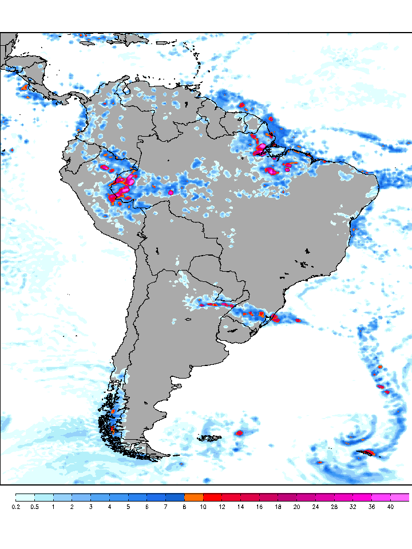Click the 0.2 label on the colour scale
(x=15, y=507)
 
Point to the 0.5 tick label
(x=34, y=507)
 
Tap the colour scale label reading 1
(x=53, y=507)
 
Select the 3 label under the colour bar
(x=90, y=507)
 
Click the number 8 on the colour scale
(x=184, y=507)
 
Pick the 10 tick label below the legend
(x=203, y=507)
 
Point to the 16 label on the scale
(x=259, y=507)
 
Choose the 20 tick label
(x=296, y=507)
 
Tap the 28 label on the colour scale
(x=334, y=507)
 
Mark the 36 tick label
(x=371, y=507)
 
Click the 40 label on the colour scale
(x=390, y=507)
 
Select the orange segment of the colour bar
(x=193, y=497)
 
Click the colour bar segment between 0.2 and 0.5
(x=25, y=497)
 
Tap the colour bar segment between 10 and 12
(x=212, y=497)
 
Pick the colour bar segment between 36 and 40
(x=381, y=497)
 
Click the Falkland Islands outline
(x=209, y=439)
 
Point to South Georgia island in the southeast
(x=365, y=453)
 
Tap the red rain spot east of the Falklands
(x=239, y=433)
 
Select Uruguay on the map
(x=234, y=331)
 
